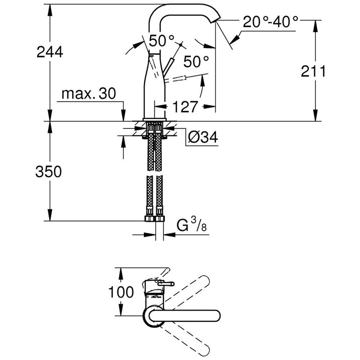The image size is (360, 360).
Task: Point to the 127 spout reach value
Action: pyautogui.click(x=184, y=107)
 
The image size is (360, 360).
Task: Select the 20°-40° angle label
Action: pyautogui.click(x=270, y=21)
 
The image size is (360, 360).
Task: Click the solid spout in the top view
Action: pyautogui.click(x=189, y=315)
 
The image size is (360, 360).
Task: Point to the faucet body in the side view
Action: pyautogui.click(x=153, y=90)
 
